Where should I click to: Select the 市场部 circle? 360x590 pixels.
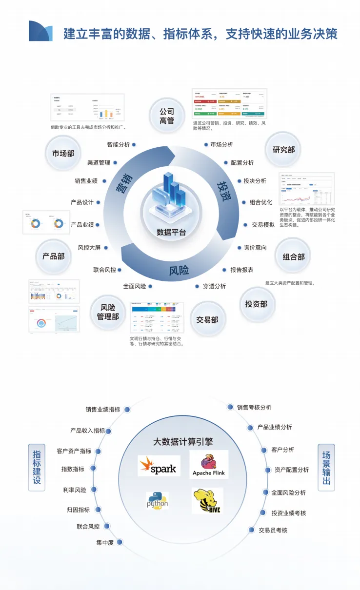tap(63, 153)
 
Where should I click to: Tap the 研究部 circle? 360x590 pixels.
tap(283, 150)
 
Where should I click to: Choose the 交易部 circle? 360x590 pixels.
tap(207, 320)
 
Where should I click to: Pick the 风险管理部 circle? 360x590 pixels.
tap(108, 312)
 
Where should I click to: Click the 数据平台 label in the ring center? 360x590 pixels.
tap(171, 232)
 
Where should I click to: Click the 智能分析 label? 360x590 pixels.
tap(119, 144)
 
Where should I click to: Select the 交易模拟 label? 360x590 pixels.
tap(263, 225)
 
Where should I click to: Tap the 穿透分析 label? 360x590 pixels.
tap(215, 286)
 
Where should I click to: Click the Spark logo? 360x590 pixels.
tap(159, 467)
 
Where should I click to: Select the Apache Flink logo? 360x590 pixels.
tap(209, 464)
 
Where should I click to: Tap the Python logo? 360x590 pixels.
tap(158, 501)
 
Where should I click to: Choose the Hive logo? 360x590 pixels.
tap(207, 501)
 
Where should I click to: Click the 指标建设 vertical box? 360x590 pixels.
tap(37, 467)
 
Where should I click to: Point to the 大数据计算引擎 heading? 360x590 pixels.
tap(183, 442)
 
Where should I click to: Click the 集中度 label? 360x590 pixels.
tap(105, 542)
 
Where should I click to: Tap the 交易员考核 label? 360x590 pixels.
tap(273, 530)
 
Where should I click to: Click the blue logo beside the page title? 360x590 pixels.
tap(40, 31)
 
